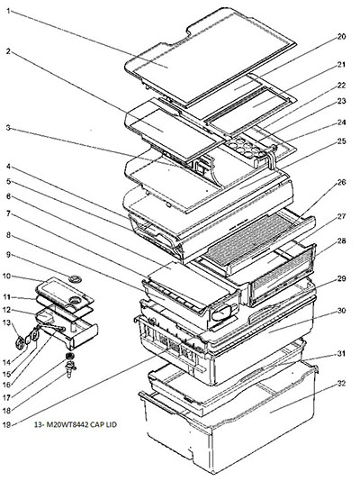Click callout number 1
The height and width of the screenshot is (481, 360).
[x=9, y=12]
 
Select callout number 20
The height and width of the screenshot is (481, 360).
[x=341, y=37]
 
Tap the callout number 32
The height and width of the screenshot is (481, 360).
[x=341, y=384]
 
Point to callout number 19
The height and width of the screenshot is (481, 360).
[x=6, y=425]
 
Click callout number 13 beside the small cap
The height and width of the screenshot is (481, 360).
[x=6, y=322]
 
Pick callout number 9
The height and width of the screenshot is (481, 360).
[x=9, y=254]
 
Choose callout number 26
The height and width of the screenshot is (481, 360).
[x=341, y=182]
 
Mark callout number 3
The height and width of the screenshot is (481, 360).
[x=9, y=128]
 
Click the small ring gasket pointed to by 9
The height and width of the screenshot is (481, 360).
[x=75, y=279]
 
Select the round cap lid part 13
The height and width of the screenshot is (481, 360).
[x=20, y=342]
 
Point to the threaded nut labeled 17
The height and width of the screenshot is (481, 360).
[x=70, y=356]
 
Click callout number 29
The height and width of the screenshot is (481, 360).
[x=341, y=278]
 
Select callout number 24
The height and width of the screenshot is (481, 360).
[x=341, y=123]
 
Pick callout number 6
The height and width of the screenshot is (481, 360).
[x=9, y=196]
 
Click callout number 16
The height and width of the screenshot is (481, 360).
[x=6, y=385]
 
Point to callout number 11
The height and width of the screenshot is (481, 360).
[x=6, y=297]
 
